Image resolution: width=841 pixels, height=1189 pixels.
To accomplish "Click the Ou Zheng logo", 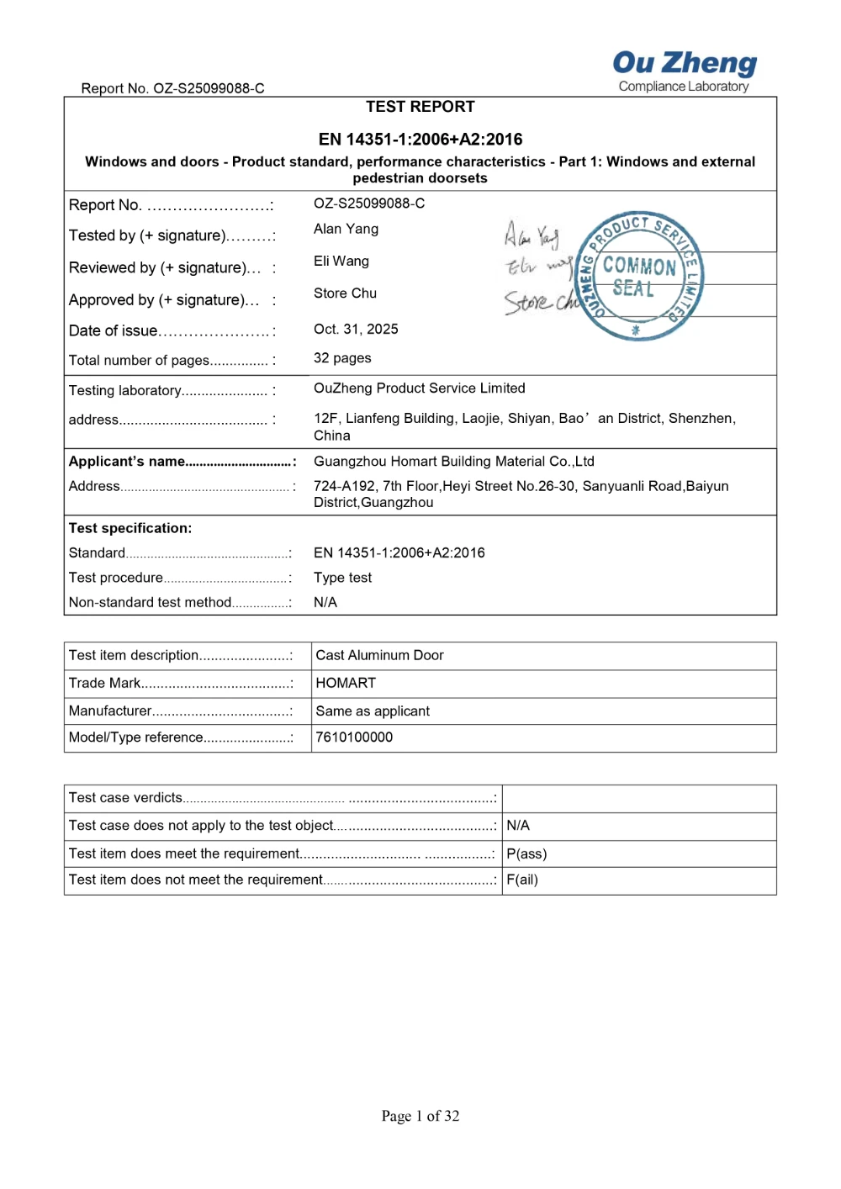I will (684, 71).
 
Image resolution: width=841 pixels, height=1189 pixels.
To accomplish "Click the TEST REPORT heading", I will (420, 107).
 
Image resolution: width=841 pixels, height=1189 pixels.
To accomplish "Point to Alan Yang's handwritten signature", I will (531, 235).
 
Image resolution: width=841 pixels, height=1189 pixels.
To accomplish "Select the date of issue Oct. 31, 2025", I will (356, 329).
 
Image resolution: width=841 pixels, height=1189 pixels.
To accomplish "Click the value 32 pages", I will (342, 358).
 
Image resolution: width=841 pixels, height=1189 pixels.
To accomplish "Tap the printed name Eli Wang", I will (341, 262).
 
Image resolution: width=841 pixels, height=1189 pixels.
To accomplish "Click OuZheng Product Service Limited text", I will (419, 388).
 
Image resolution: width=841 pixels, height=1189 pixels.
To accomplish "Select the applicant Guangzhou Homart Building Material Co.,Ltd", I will (453, 462).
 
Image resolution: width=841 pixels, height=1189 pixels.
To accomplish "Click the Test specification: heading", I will (130, 528).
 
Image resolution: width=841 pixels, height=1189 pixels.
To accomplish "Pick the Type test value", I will (342, 578).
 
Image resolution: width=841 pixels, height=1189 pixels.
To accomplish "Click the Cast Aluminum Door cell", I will (379, 656).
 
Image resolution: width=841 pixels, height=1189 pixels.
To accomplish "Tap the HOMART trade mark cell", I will (346, 684).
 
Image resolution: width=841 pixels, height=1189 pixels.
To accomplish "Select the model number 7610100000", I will (354, 737).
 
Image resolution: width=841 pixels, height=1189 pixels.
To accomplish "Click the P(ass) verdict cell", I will (526, 854).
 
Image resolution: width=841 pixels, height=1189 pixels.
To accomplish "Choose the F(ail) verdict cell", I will (522, 880).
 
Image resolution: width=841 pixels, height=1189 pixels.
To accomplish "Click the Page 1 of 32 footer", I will (420, 1116).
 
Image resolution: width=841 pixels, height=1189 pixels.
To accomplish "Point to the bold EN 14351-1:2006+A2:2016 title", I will (420, 140).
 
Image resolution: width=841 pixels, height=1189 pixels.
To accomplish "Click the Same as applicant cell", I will (373, 711).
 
